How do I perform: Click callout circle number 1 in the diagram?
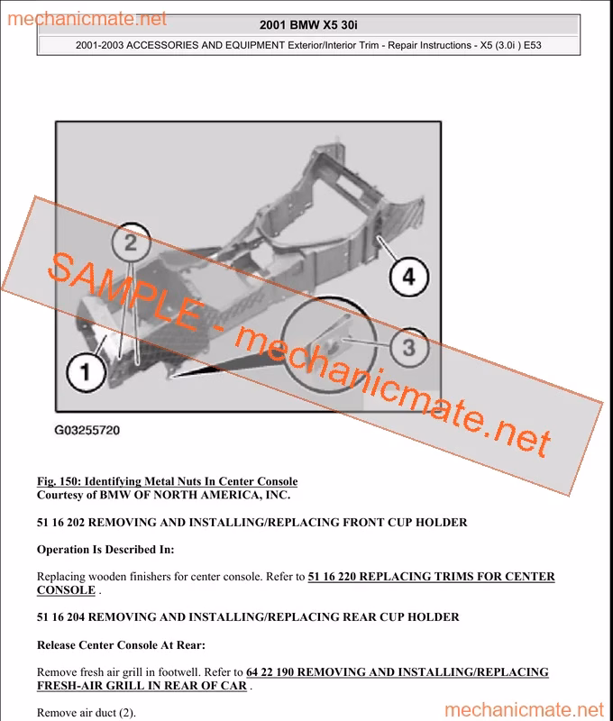click(86, 371)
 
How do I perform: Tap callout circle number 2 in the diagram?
click(131, 242)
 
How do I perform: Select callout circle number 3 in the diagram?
click(409, 347)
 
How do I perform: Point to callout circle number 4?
click(409, 277)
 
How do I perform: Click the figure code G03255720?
click(87, 431)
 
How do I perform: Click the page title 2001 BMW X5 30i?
click(308, 25)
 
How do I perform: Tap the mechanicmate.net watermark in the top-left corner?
click(87, 19)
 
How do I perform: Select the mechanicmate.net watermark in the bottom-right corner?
click(525, 710)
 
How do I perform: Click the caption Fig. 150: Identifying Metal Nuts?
click(167, 481)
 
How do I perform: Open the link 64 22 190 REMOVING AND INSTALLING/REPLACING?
click(398, 671)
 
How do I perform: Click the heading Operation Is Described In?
click(105, 550)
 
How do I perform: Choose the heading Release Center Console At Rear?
click(121, 645)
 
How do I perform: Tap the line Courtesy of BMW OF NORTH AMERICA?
click(163, 495)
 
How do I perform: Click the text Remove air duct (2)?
click(87, 713)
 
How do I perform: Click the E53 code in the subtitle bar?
click(533, 46)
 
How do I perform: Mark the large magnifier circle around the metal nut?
click(328, 297)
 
